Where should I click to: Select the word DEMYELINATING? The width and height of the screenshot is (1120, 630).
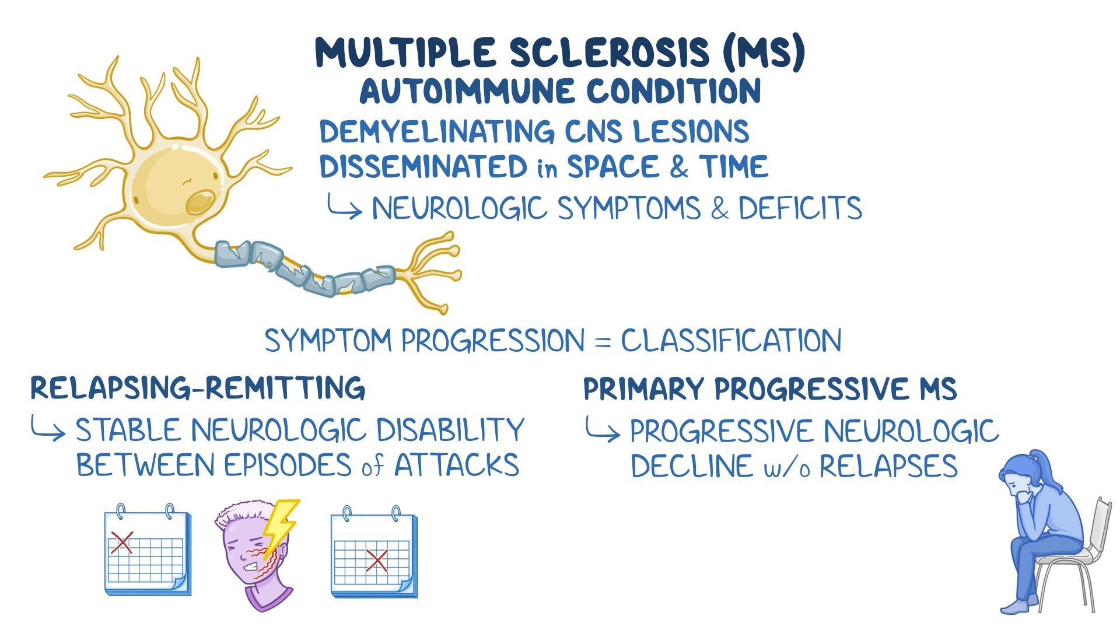(x=432, y=131)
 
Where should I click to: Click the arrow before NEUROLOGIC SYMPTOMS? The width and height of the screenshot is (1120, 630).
(x=344, y=208)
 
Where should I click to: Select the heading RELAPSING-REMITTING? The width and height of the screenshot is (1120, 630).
(x=198, y=388)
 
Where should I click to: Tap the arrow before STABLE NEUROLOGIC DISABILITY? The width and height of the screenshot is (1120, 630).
(x=48, y=432)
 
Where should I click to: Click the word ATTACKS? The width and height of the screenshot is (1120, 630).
(x=457, y=466)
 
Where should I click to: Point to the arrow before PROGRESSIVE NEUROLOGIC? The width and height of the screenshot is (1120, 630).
(x=602, y=432)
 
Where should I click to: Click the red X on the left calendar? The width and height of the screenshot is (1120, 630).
(x=122, y=542)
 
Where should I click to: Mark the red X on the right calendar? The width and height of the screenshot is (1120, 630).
(x=376, y=561)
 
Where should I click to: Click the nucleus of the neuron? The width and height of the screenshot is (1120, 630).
(x=199, y=202)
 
